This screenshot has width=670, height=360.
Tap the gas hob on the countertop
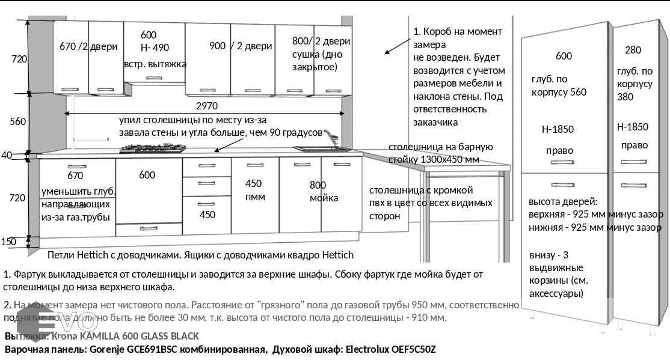point(152,148)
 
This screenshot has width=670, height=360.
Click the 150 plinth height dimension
point(8,242)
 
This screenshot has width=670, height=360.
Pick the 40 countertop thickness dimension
point(6,155)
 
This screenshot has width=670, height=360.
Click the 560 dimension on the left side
point(18,121)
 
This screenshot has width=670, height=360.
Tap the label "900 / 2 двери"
point(241,46)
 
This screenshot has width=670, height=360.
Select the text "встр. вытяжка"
point(155,64)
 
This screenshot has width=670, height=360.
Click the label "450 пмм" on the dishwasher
point(254,190)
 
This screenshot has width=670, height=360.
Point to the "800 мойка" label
point(324,192)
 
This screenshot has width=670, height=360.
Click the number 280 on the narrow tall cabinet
point(633,50)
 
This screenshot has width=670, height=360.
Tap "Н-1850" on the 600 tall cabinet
point(558,129)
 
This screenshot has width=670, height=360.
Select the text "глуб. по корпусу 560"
point(559,85)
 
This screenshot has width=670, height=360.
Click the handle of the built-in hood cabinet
point(154,78)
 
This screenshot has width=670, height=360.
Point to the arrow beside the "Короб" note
point(395,44)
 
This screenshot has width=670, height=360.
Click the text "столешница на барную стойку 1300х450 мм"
point(440,153)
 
